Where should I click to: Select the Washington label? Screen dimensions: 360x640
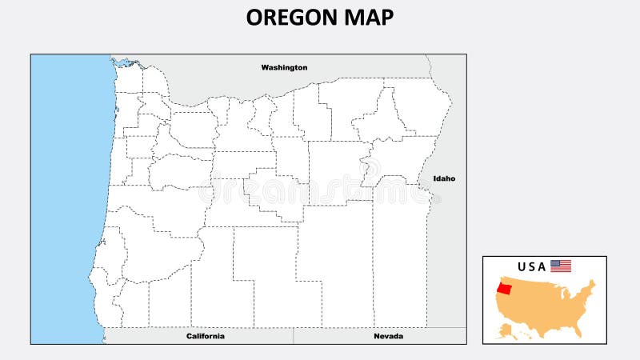tap(284, 68)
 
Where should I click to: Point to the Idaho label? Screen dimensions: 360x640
tap(444, 178)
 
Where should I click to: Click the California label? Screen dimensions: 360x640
tap(206, 336)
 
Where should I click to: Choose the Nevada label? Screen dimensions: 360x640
tap(388, 336)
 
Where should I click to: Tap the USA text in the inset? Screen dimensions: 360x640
tap(532, 266)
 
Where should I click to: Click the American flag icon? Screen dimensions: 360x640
tap(561, 266)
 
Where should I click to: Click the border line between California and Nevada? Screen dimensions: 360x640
tap(294, 336)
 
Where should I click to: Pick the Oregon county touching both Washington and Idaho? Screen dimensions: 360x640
tap(420, 104)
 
